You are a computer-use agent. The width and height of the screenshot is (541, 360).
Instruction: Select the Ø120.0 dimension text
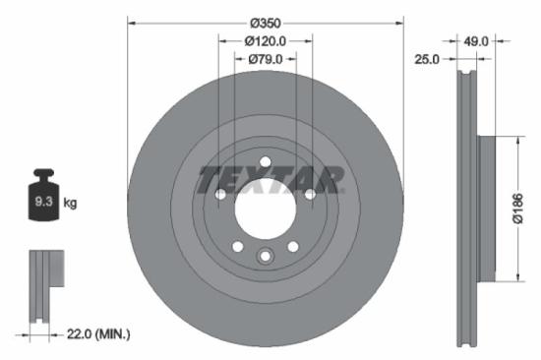(x=265, y=41)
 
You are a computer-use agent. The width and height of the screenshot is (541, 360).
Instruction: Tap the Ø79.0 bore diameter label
(x=265, y=60)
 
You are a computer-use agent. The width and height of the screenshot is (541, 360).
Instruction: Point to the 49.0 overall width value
(x=476, y=41)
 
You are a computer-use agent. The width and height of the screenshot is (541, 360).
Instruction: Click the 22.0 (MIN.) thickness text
(x=98, y=334)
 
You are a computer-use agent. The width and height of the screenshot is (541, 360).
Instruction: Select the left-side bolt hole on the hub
(x=219, y=195)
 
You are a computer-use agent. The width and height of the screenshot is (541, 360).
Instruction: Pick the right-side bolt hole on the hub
(x=310, y=195)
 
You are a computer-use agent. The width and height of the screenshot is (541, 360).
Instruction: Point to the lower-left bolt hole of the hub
(x=236, y=247)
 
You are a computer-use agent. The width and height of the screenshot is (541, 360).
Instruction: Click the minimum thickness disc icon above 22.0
(x=43, y=285)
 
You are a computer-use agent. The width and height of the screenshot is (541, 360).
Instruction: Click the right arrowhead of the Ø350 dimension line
(x=401, y=22)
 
